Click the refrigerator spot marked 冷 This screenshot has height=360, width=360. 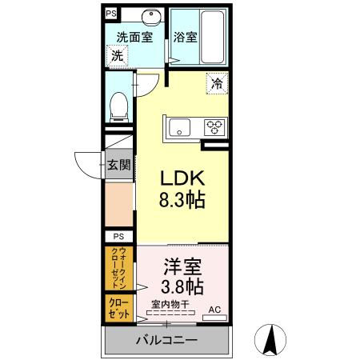tap(217, 82)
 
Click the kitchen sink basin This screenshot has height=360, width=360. tap(177, 126)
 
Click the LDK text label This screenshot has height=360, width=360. tap(184, 178)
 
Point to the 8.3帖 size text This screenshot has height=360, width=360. tap(184, 200)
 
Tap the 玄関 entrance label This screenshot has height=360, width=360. tap(118, 165)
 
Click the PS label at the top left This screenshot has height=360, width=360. tap(110, 14)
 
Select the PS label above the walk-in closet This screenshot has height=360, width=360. tap(118, 237)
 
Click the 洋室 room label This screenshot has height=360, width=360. tap(182, 264)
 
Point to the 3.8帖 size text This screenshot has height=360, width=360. tap(182, 286)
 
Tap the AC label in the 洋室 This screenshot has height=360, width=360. tap(214, 309)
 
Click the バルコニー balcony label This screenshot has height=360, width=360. tap(166, 341)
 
